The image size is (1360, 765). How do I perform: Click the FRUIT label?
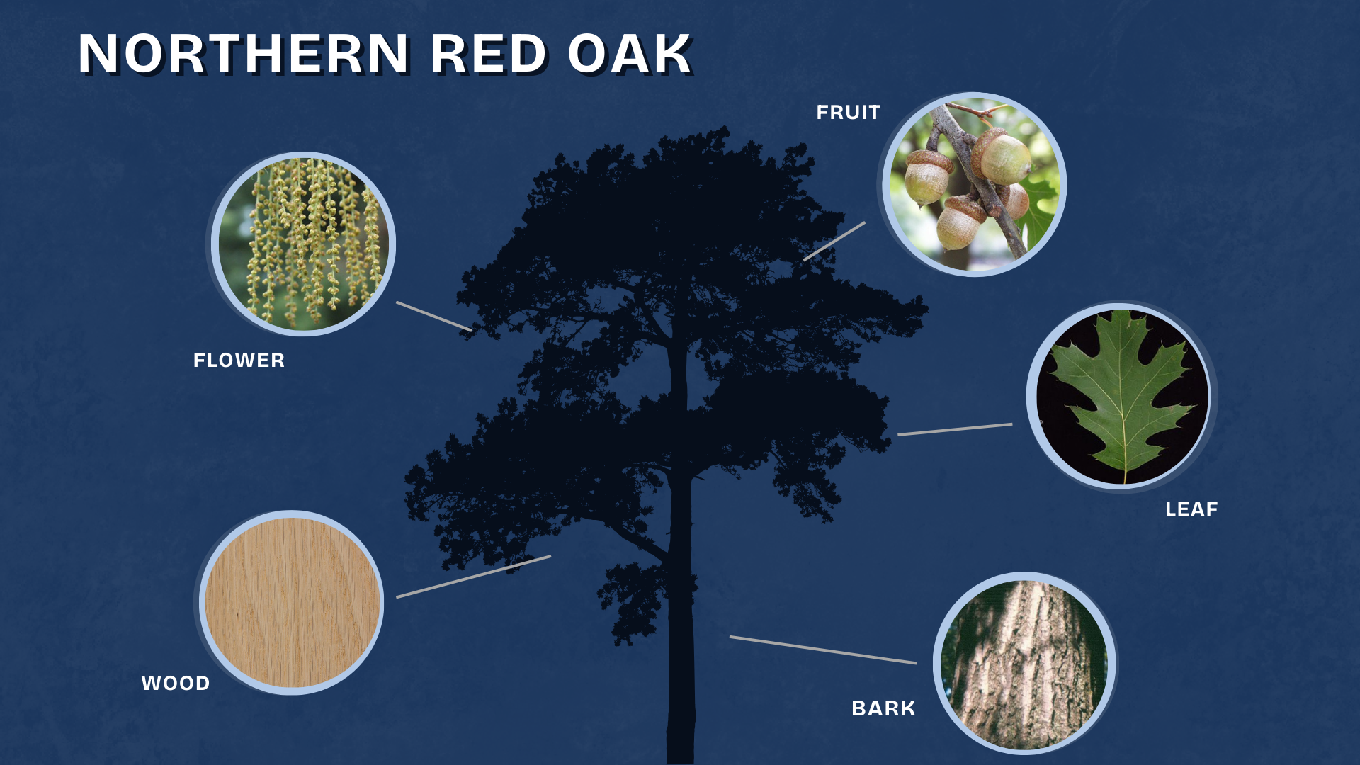coord(848,113)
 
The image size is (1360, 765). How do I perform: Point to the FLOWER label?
coord(239,361)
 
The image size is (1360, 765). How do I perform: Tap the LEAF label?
coord(1191,509)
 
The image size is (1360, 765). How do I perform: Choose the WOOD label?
coord(176,684)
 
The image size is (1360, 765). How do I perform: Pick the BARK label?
coord(883,708)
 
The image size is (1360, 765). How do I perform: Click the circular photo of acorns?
coord(975,184)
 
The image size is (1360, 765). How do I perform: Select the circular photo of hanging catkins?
coord(304,244)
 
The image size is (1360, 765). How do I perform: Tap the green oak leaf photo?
coord(1119,396)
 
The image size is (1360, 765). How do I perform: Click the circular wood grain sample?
coord(292,602)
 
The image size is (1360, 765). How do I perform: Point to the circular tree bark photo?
coord(1024,663)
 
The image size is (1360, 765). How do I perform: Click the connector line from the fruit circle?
coord(834,242)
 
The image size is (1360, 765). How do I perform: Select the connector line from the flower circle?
coord(434,316)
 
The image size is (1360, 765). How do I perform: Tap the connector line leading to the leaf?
coord(955,429)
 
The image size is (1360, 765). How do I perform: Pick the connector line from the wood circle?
coord(473,577)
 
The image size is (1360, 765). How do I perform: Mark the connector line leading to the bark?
coord(823,650)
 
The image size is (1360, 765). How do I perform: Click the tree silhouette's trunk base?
coord(680,751)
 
